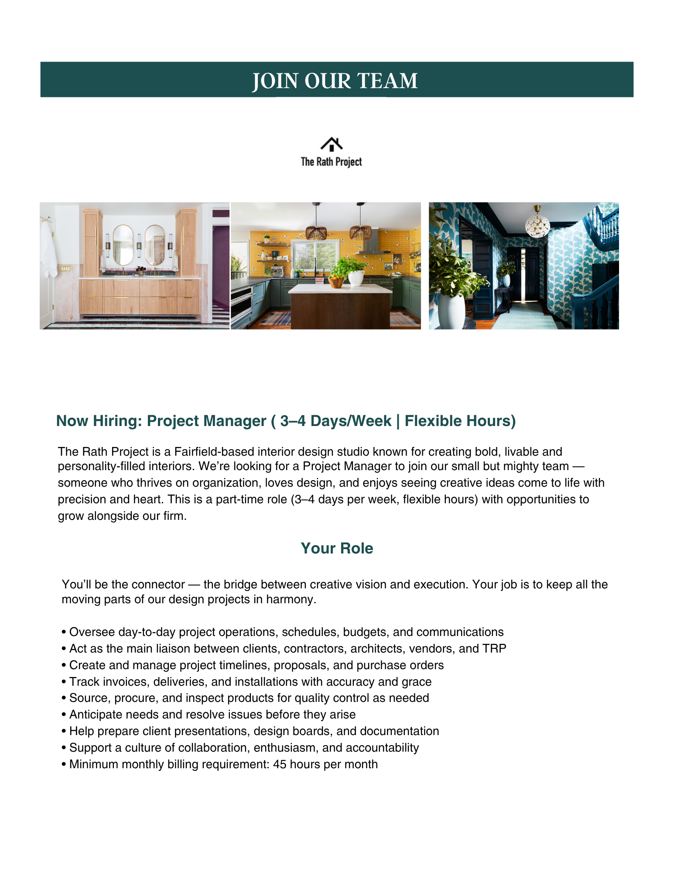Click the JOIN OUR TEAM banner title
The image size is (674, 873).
pos(335,81)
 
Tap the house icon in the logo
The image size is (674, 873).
pos(332,144)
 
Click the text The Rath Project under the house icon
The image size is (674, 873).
pos(332,162)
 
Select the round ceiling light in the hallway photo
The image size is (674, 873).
pos(537,226)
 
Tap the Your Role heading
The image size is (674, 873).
pos(337,548)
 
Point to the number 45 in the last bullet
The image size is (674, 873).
pos(280,764)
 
